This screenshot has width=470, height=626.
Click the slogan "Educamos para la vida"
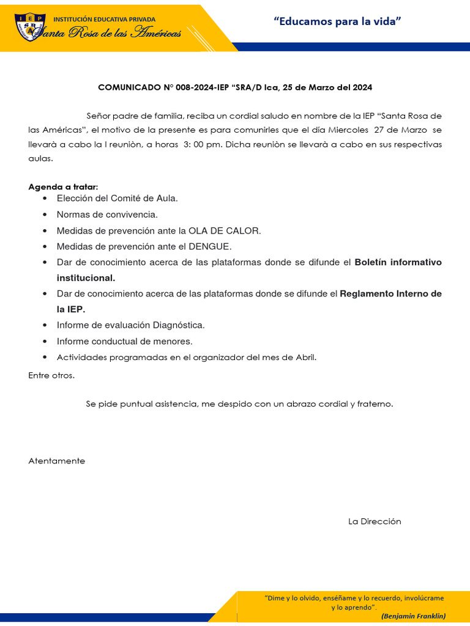click(337, 22)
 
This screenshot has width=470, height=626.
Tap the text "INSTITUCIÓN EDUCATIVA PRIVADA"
click(104, 20)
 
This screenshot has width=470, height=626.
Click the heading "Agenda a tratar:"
click(63, 186)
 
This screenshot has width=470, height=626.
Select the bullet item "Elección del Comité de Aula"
click(117, 198)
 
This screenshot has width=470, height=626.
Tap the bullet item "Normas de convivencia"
click(107, 215)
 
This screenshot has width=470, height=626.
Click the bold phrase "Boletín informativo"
click(398, 262)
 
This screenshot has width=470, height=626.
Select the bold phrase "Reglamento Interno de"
click(390, 294)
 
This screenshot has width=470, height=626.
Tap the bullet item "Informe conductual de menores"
click(124, 341)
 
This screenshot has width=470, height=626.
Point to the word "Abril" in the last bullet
click(304, 358)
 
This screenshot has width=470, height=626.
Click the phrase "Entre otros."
click(51, 375)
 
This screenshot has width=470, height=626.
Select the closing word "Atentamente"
click(57, 461)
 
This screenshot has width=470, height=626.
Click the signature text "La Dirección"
click(375, 521)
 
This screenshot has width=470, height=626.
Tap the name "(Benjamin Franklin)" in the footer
click(413, 616)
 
